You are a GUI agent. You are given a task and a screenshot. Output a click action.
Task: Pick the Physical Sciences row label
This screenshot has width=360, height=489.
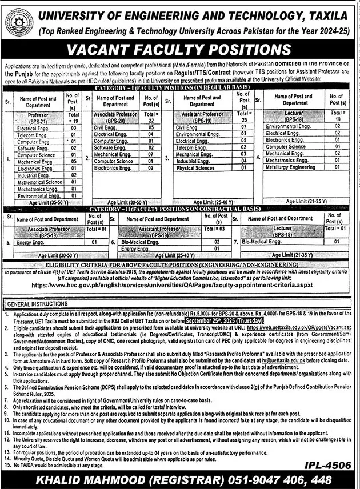196,168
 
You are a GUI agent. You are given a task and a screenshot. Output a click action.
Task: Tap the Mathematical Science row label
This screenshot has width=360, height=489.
40,182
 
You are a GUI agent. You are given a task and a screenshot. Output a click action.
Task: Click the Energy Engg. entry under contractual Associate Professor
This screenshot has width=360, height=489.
31,242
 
